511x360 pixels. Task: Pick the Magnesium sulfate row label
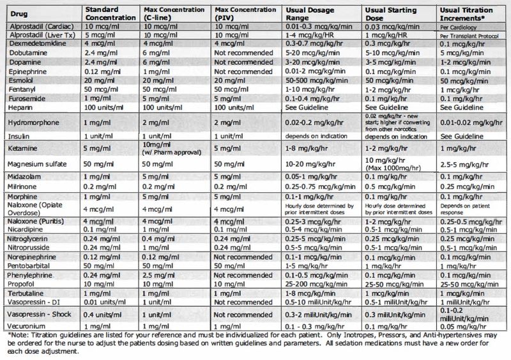click(36, 164)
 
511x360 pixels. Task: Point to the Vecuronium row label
click(26, 326)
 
